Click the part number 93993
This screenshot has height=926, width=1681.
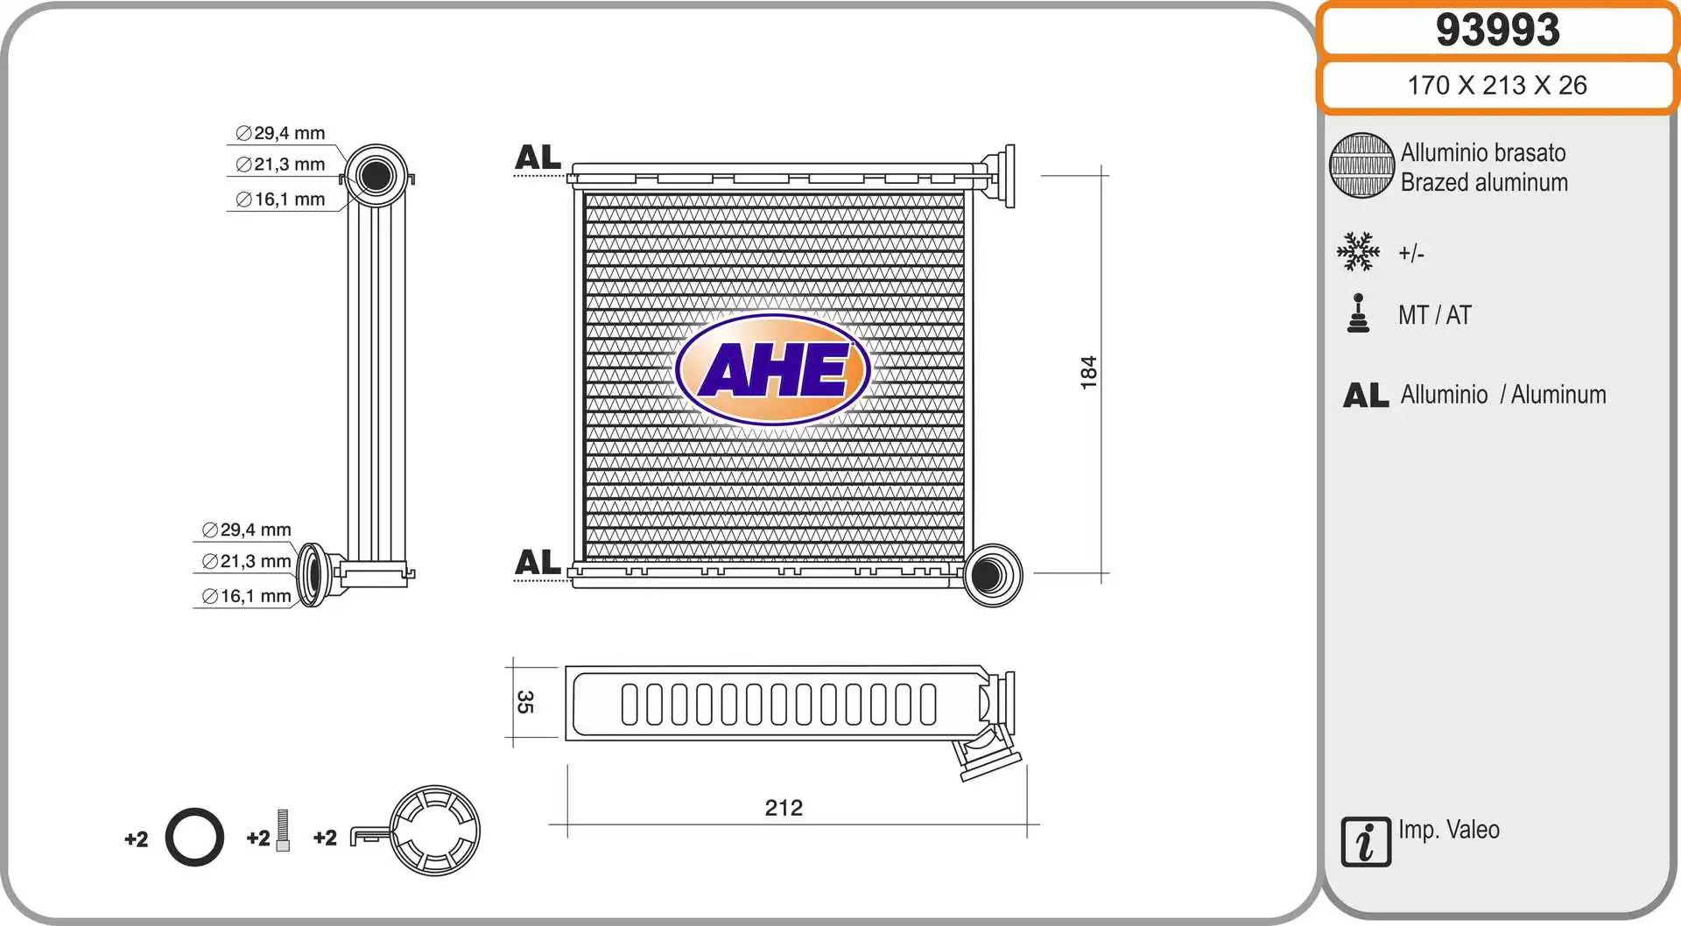(1497, 31)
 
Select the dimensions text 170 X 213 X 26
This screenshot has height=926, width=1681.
(1497, 86)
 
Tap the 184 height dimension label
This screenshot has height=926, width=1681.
(1088, 372)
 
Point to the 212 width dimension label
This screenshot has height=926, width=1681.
(784, 808)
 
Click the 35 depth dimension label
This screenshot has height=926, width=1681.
(524, 702)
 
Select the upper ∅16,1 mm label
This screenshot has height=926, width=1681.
(281, 200)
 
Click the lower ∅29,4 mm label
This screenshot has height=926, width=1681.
(247, 530)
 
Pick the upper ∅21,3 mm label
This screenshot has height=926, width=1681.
(281, 165)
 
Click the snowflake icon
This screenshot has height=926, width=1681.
(1358, 252)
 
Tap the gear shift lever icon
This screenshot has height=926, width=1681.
(1358, 314)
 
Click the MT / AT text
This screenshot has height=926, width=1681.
(1435, 315)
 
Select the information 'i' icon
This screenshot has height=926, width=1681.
(1365, 842)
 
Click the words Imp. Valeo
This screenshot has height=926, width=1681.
(1449, 830)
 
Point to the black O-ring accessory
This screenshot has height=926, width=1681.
(194, 838)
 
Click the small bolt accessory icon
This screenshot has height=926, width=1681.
(283, 831)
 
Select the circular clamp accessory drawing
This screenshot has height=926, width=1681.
(433, 831)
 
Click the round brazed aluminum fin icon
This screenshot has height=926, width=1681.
(1361, 165)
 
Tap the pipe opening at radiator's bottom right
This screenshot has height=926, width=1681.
(988, 575)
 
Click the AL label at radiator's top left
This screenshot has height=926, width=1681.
(538, 158)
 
